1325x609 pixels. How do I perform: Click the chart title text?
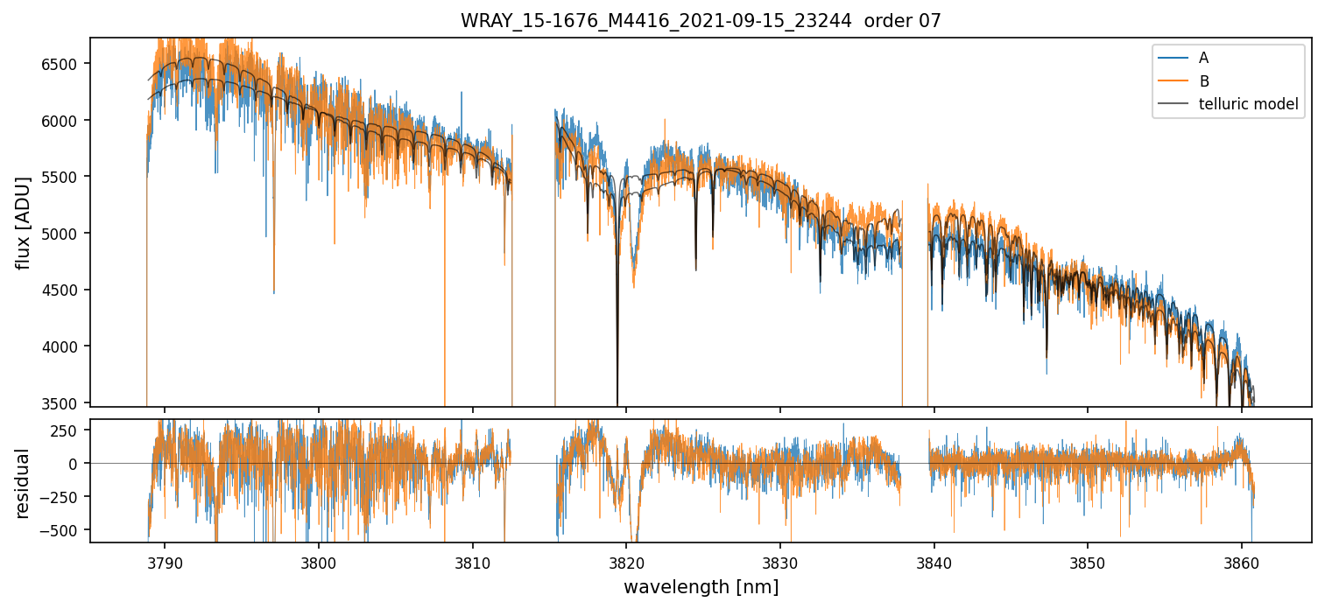point(701,21)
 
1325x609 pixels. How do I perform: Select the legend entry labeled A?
point(1203,58)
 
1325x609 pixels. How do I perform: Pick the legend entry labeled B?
point(1203,81)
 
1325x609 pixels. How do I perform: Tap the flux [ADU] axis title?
point(24,222)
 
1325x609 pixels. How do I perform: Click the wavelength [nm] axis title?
point(701,587)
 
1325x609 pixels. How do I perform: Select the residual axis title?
point(24,483)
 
